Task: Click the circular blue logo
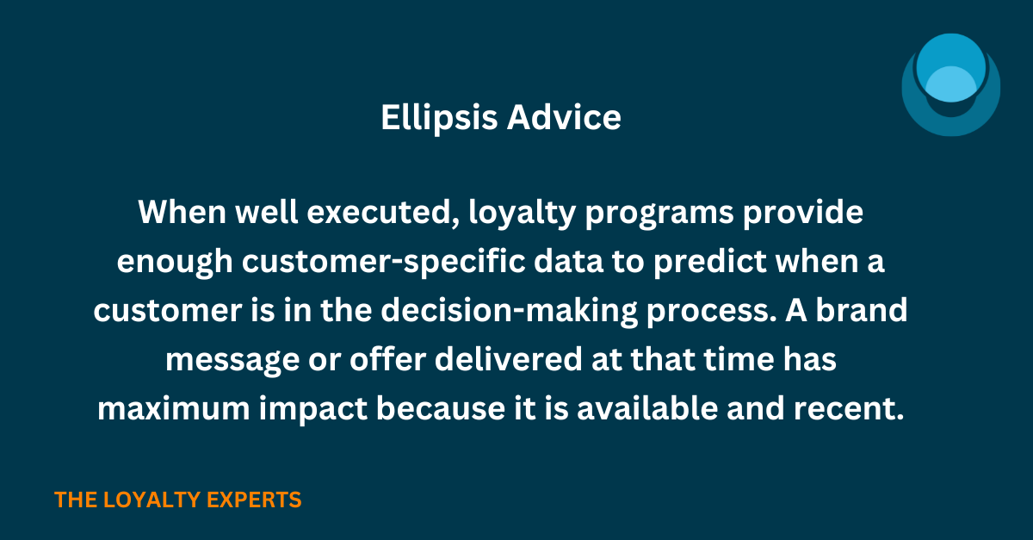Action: click(950, 85)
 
